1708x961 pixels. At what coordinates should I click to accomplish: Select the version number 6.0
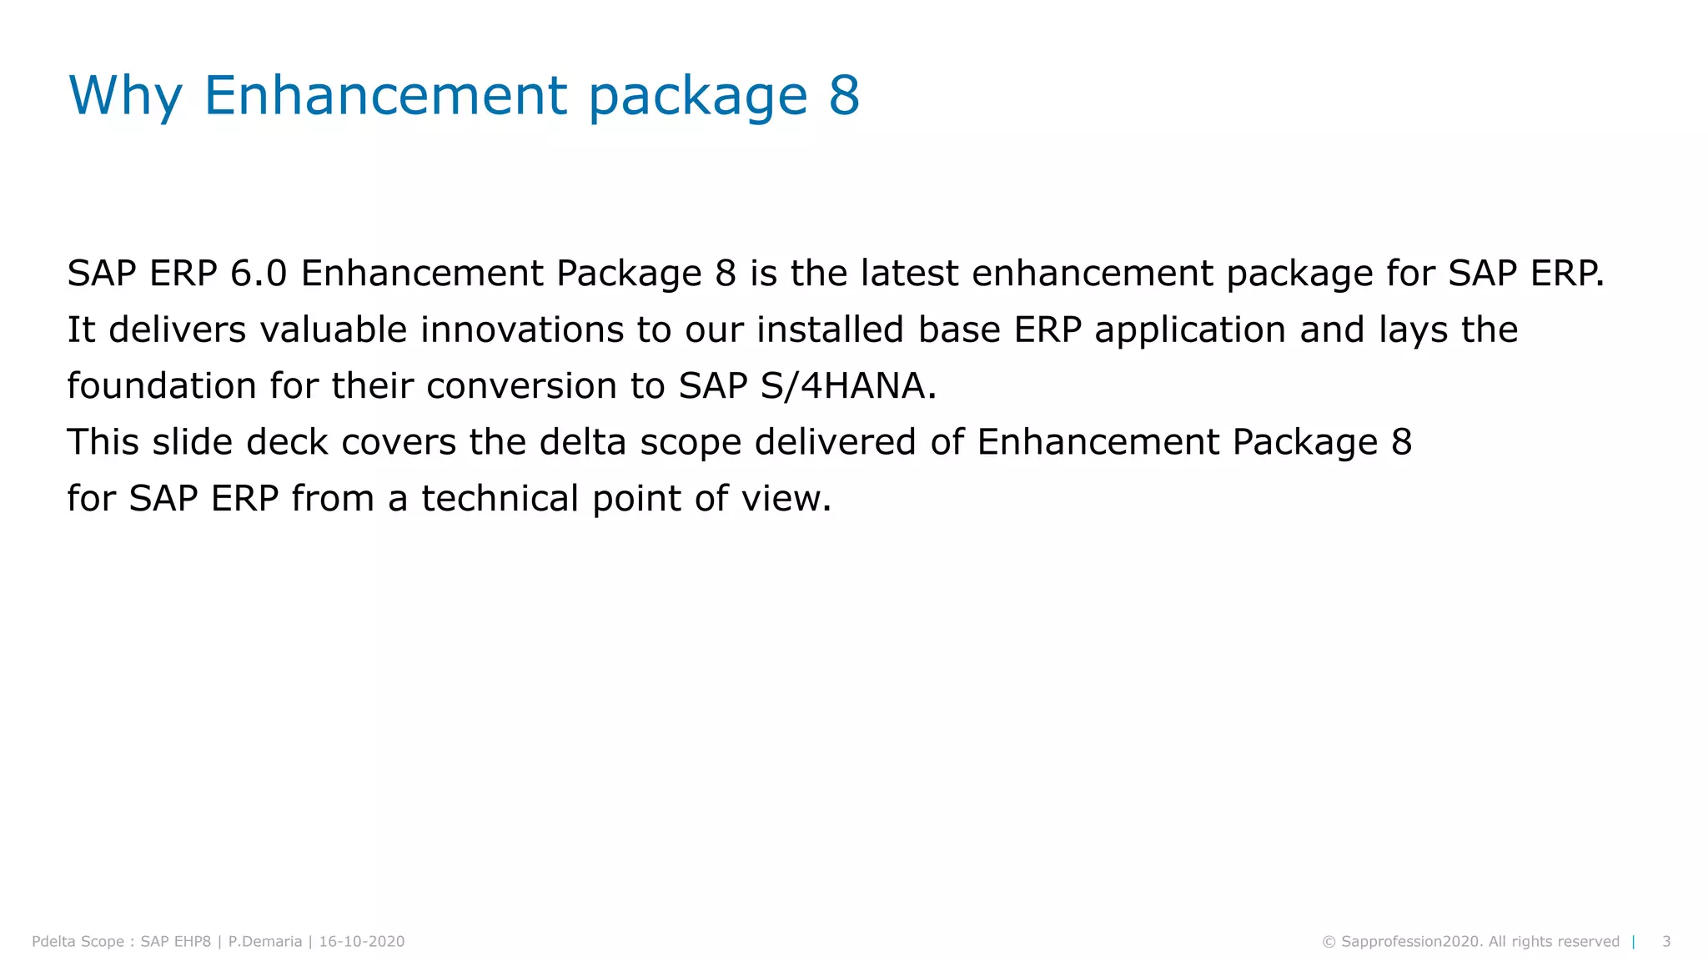click(x=259, y=274)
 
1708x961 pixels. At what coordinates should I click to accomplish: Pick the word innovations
click(x=522, y=330)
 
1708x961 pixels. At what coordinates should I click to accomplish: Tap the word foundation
click(x=162, y=386)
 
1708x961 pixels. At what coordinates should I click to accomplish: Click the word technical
click(x=500, y=499)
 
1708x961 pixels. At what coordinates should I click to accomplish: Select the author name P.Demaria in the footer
click(x=265, y=942)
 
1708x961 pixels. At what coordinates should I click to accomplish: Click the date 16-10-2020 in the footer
click(x=362, y=942)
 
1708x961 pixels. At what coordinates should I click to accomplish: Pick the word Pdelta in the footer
click(x=55, y=942)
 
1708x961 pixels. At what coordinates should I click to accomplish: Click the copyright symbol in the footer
click(x=1329, y=942)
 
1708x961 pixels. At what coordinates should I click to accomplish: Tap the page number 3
click(x=1666, y=942)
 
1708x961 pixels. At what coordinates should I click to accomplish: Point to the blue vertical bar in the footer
click(x=1634, y=942)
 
